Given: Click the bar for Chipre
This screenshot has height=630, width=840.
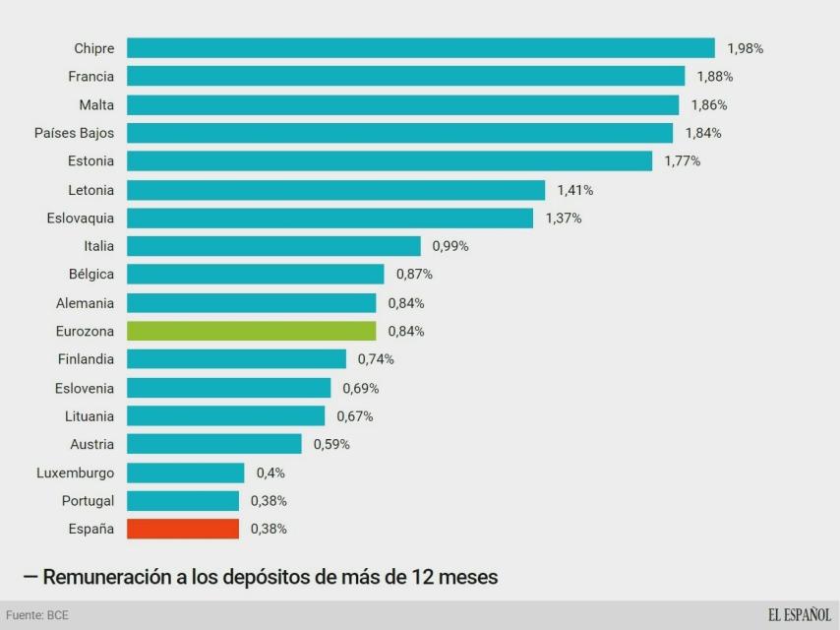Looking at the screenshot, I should point(420,48).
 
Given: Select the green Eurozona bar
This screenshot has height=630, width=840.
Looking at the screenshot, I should point(251,331).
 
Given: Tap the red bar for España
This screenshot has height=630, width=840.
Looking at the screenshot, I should point(183,529).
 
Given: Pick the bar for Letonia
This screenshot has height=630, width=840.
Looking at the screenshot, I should point(335,190).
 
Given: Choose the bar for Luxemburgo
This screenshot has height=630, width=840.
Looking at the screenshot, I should point(186,472).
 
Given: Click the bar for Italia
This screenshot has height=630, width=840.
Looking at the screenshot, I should point(273,246).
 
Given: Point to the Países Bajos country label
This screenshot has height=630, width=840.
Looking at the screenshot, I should point(74,133).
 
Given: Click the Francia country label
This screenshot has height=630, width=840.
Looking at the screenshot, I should point(90,77).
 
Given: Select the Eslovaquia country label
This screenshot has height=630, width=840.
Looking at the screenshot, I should point(80,218).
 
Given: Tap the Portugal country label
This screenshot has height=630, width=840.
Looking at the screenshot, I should point(88,501).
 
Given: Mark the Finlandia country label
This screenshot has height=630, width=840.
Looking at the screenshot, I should point(86,359).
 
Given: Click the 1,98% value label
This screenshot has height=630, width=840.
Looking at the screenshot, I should point(746,48).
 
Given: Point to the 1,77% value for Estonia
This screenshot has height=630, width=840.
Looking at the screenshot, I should point(683,161).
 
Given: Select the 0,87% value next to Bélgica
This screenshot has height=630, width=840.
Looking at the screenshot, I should point(414,274).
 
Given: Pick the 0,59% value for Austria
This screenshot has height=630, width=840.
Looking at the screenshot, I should point(331,444).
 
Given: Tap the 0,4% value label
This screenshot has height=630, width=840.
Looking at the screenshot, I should point(270,472).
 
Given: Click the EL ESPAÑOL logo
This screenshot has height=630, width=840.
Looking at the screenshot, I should point(799,615).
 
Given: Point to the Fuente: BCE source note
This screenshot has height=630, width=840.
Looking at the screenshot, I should point(37,615).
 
